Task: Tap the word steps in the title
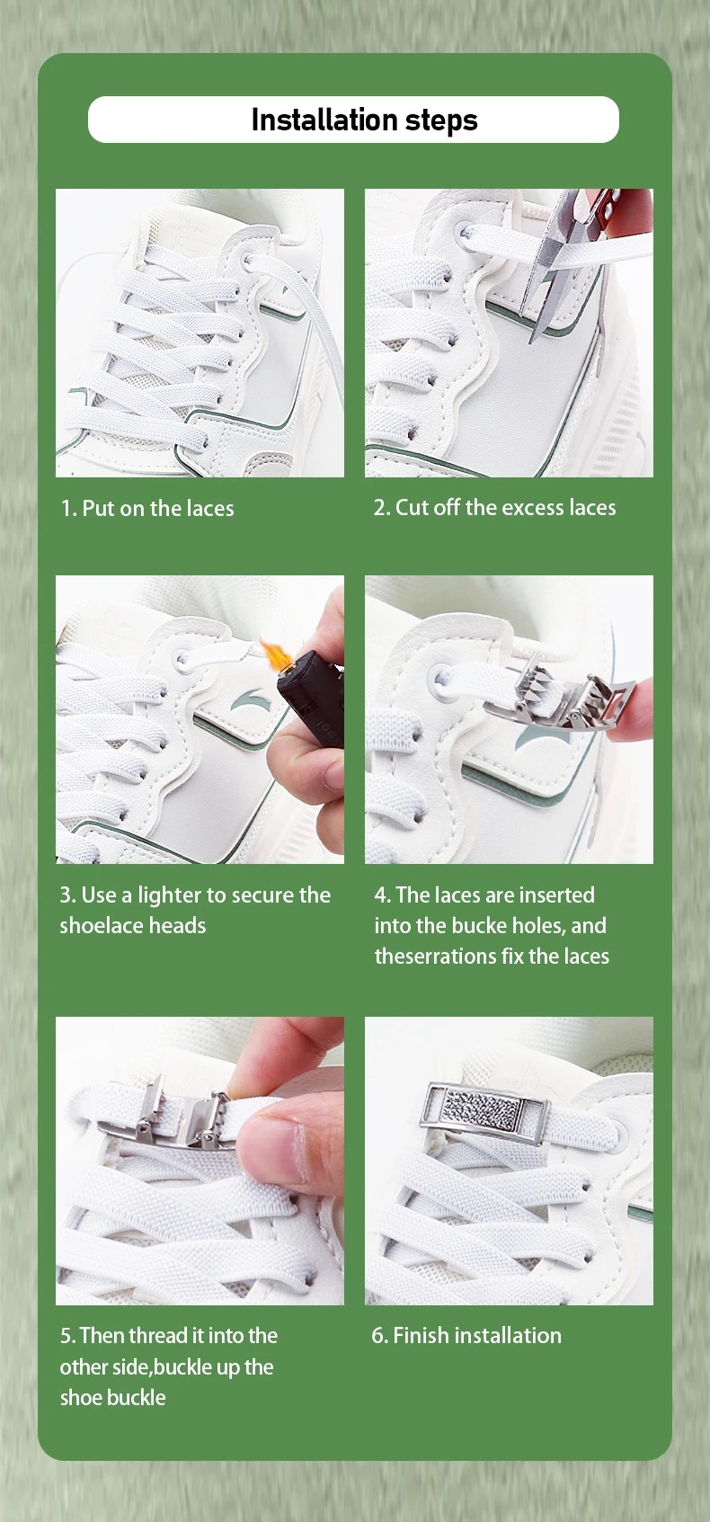(x=441, y=121)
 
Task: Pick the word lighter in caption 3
(x=169, y=895)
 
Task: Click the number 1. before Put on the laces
(x=68, y=508)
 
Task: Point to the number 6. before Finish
(x=379, y=1335)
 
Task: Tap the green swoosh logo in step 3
(x=248, y=700)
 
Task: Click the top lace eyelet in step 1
(x=247, y=260)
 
